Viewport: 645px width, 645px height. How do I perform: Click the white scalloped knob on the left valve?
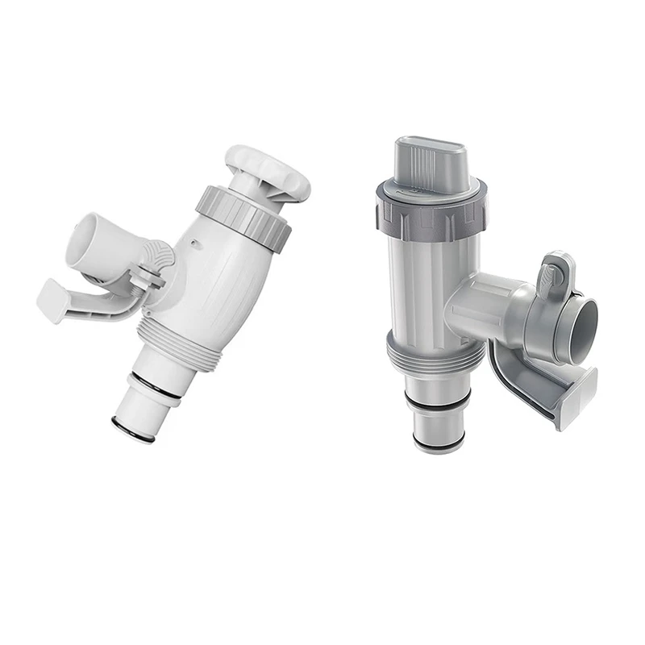pos(268,172)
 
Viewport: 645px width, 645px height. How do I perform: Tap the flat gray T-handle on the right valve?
pos(429,164)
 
